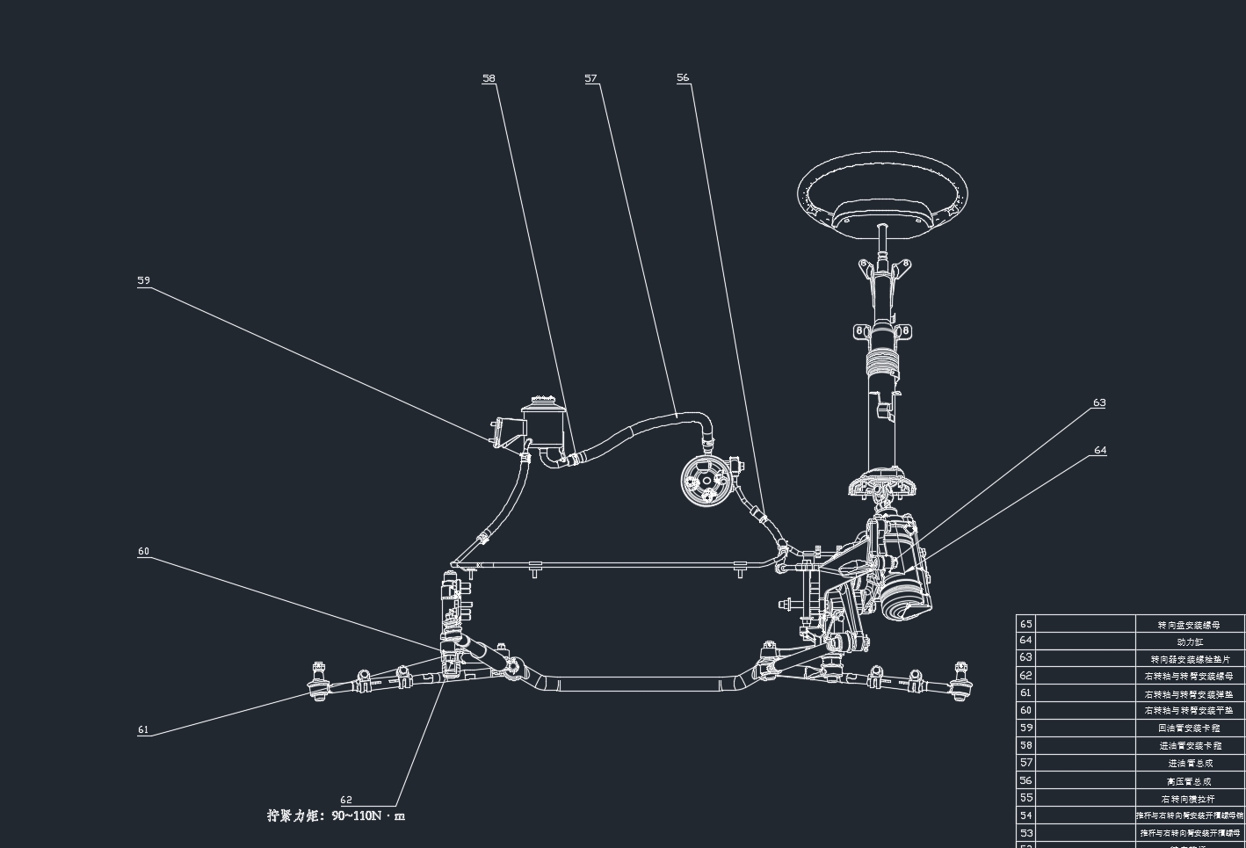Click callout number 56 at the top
coord(683,77)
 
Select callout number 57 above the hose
coord(590,78)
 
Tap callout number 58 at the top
coord(489,78)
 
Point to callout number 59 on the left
coord(143,280)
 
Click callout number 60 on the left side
coord(143,551)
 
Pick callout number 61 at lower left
coord(143,729)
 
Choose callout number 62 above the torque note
coord(346,800)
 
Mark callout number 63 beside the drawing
coord(1099,402)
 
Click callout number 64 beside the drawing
coord(1100,450)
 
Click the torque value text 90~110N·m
coord(368,815)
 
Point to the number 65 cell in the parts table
coord(1025,623)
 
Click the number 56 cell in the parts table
coord(1025,780)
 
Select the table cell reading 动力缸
coord(1190,641)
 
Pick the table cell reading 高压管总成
coord(1190,781)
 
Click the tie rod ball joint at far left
coord(318,684)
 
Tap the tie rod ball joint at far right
coord(961,685)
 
